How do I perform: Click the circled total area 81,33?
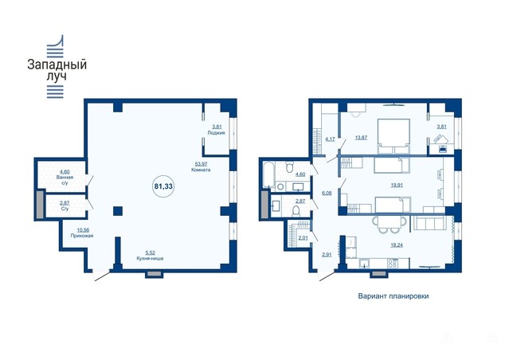163,186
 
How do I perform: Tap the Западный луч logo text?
57,70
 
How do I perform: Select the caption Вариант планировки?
393,296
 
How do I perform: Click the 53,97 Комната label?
201,166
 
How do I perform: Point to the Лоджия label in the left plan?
216,132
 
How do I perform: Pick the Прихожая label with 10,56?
82,233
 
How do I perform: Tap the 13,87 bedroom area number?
361,138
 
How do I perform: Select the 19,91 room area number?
397,186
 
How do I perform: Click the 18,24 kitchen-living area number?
397,245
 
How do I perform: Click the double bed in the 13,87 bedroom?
393,136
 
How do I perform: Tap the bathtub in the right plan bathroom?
268,174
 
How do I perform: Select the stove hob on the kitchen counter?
393,264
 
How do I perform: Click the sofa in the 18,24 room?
429,224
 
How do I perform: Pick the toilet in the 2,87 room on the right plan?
296,211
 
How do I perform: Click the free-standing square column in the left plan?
118,211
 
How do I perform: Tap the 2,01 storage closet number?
303,238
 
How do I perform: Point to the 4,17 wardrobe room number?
330,139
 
